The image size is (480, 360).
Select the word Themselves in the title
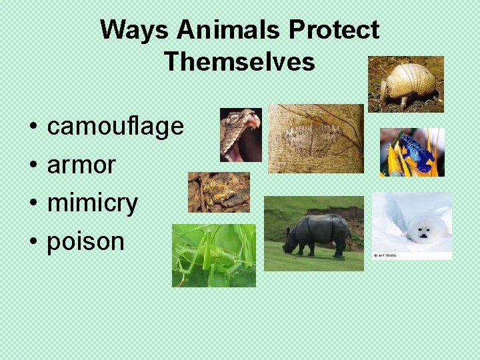239,62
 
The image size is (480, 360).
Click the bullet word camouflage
115,126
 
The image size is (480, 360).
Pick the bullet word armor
81,165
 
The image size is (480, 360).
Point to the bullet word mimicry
92,203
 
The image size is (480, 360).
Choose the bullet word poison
85,241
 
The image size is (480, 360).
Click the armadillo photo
406,83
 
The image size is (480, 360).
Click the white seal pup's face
422,232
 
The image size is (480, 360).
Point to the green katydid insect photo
213,255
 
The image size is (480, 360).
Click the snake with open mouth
241,134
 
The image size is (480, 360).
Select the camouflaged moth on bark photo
315,138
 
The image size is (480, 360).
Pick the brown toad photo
218,192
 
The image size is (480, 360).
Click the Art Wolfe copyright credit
385,255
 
